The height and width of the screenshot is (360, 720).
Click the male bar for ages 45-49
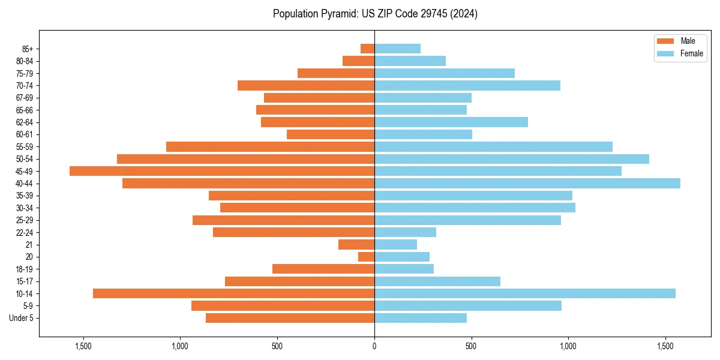pyautogui.click(x=222, y=171)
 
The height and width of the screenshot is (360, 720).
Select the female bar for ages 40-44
pyautogui.click(x=527, y=183)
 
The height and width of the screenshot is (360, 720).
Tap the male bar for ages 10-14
pyautogui.click(x=233, y=293)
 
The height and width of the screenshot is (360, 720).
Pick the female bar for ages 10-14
pyautogui.click(x=525, y=293)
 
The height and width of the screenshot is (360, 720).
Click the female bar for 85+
pyautogui.click(x=397, y=49)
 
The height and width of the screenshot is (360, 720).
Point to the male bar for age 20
pyautogui.click(x=366, y=257)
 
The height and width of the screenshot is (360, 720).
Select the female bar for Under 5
pyautogui.click(x=421, y=318)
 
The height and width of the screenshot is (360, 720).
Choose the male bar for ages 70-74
pyautogui.click(x=306, y=85)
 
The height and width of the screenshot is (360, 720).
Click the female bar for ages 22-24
pyautogui.click(x=405, y=232)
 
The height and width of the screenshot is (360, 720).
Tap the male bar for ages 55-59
pyautogui.click(x=270, y=146)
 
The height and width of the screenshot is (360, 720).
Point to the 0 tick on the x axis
pyautogui.click(x=374, y=346)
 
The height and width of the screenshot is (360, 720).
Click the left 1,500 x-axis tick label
pyautogui.click(x=83, y=346)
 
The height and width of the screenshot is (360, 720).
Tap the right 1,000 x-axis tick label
pyautogui.click(x=568, y=346)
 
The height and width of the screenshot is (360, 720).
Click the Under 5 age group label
pyautogui.click(x=22, y=318)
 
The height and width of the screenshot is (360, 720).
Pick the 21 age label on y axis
pyautogui.click(x=29, y=245)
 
